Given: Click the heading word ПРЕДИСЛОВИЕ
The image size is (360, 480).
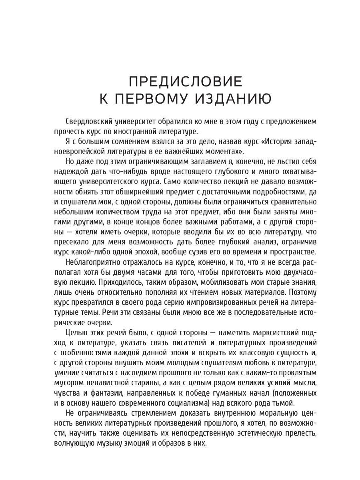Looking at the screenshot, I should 185,82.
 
